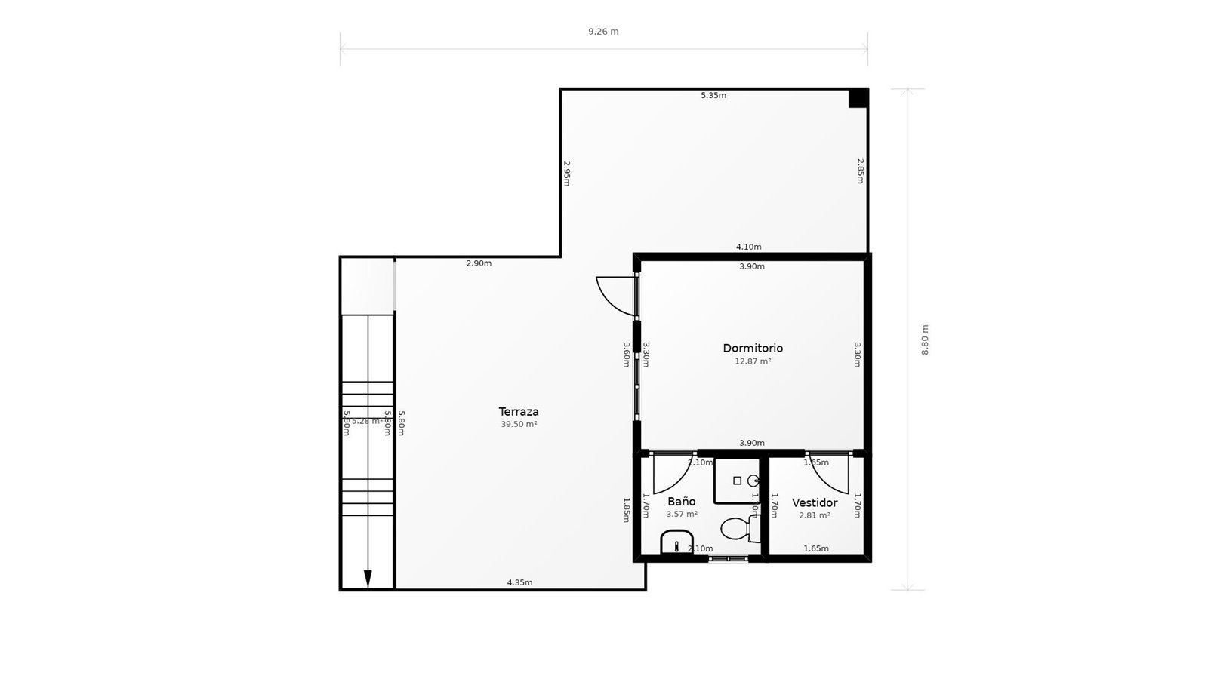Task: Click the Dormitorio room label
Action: coord(753,348)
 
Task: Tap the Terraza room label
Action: coord(519,412)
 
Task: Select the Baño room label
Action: coord(681,501)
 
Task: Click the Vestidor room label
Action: coord(815,502)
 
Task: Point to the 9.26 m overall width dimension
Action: coord(603,32)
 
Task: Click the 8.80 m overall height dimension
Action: coord(925,339)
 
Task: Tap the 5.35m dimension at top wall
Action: coord(713,95)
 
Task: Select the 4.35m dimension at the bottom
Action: coord(519,582)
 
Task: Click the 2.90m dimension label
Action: coord(479,263)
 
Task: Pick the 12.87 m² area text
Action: coord(753,361)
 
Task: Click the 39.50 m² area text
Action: coord(519,425)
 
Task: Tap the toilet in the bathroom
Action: coord(737,528)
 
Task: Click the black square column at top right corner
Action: coord(858,98)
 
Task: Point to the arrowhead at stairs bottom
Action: coord(368,579)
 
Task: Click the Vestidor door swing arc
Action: coord(828,474)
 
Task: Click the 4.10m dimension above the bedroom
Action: coord(748,247)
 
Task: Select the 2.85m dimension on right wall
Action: coord(860,171)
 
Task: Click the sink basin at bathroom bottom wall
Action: coord(676,542)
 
